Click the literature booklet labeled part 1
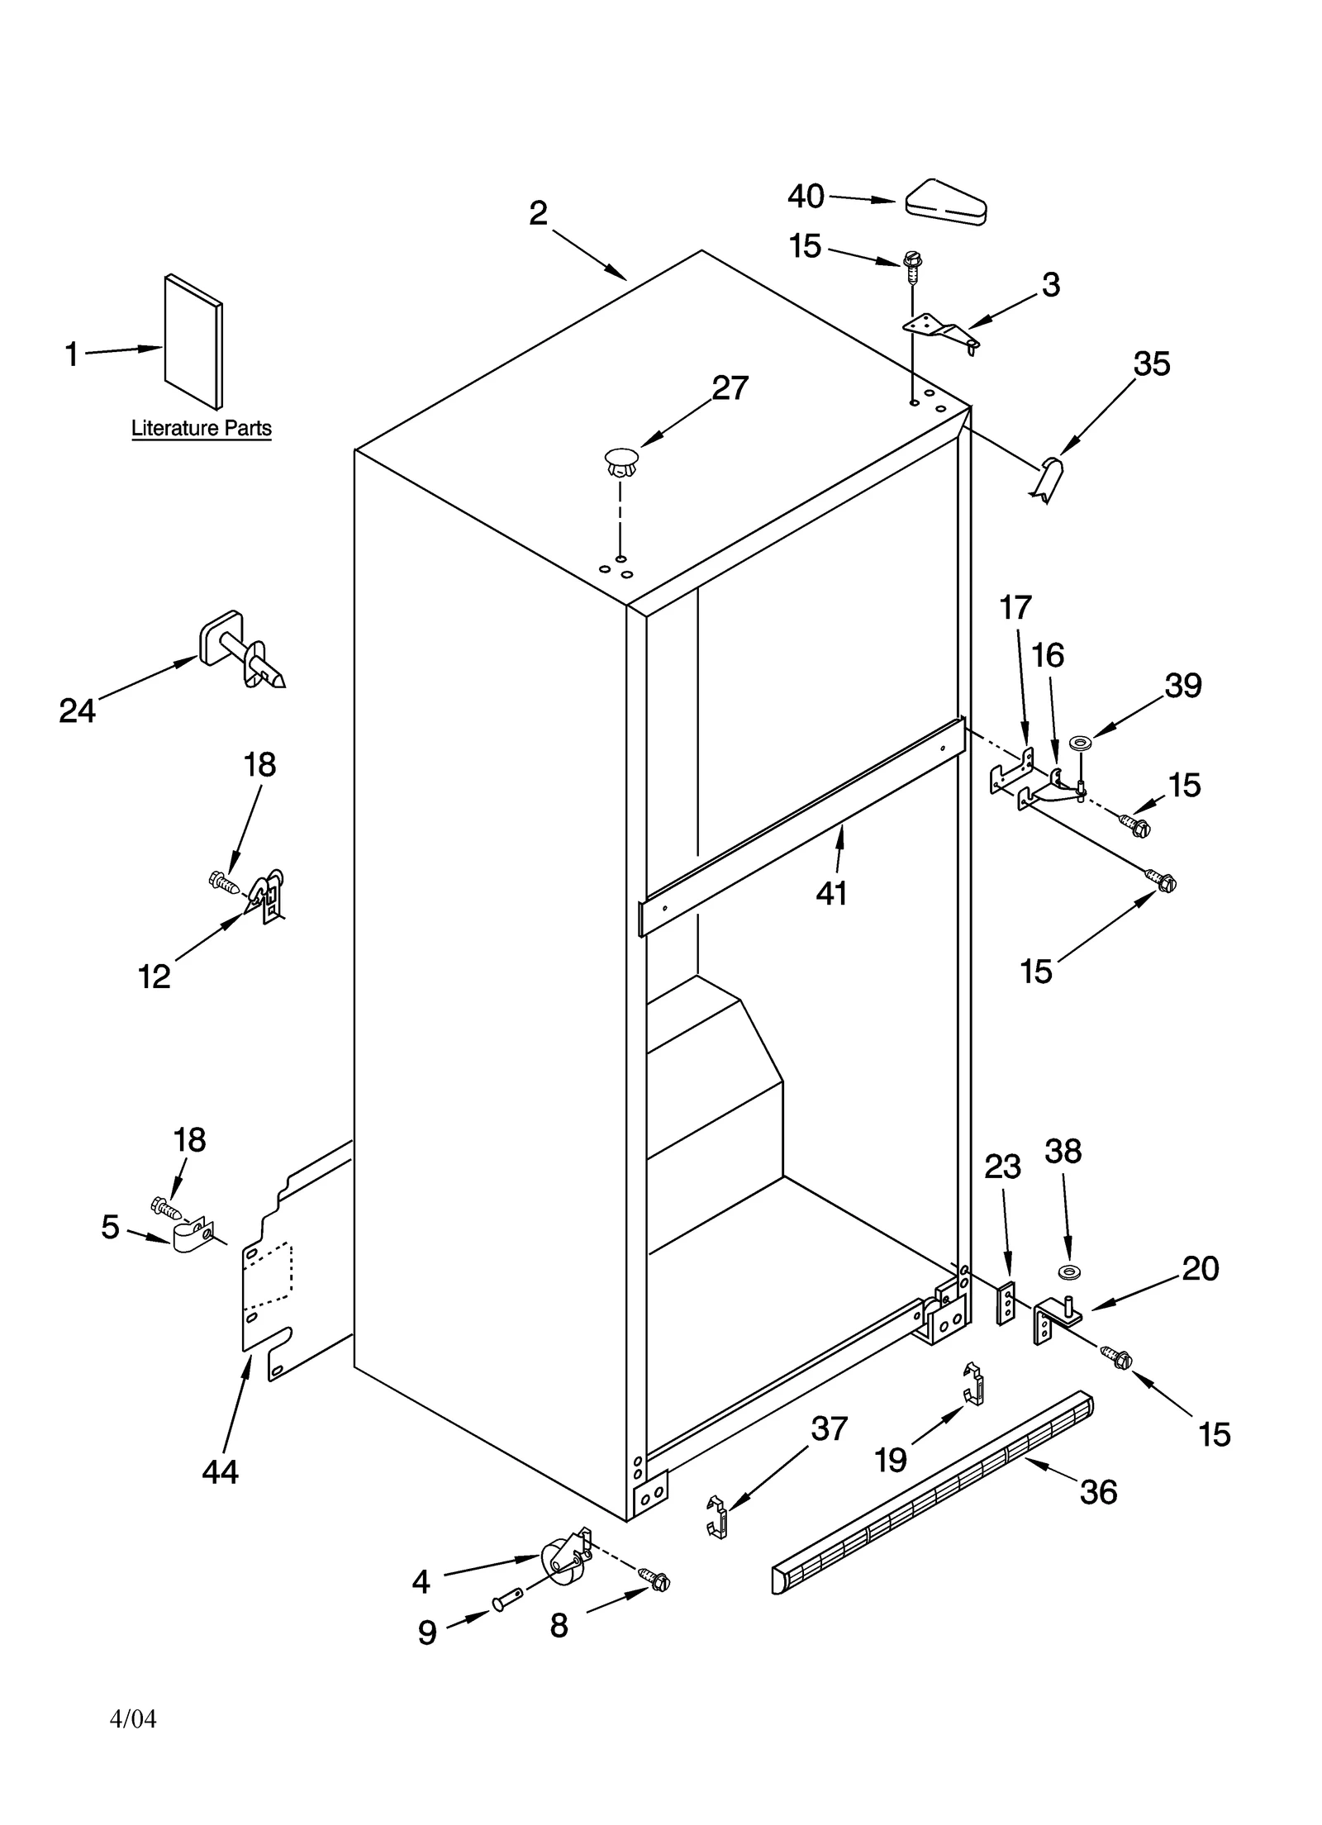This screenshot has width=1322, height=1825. (193, 342)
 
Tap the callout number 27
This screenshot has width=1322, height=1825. (730, 388)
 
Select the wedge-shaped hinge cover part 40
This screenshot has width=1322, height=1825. (946, 202)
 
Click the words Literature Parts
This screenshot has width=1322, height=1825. (202, 429)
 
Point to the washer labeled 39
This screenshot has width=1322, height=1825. (1079, 744)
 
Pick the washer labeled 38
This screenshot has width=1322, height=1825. (1069, 1269)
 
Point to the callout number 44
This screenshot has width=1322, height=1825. (221, 1471)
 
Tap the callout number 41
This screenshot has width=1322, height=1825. (831, 893)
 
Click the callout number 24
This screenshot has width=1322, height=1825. (78, 711)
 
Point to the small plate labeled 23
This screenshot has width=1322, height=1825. (1006, 1305)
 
